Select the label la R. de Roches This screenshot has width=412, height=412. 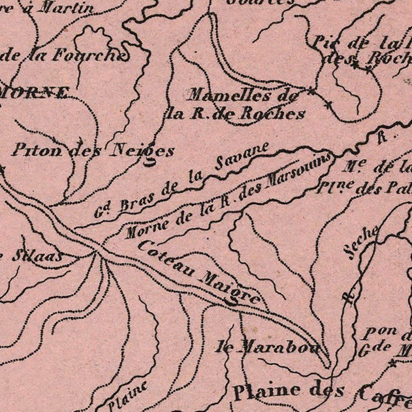(236, 114)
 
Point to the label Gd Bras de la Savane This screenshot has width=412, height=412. (181, 180)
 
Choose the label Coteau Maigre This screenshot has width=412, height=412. (200, 272)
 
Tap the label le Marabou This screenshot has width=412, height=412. (268, 347)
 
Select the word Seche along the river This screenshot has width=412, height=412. (362, 243)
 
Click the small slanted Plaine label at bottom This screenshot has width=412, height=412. (128, 395)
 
